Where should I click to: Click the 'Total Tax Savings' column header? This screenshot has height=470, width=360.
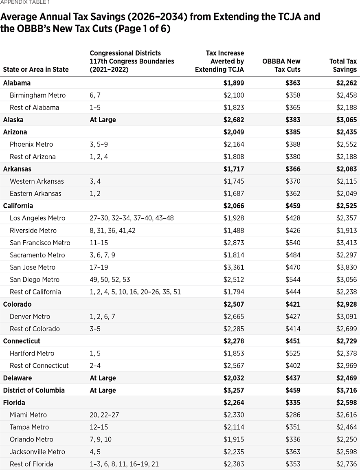(343, 65)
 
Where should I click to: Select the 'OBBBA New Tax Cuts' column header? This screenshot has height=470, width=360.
(281, 65)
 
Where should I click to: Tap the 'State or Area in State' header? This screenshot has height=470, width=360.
(36, 70)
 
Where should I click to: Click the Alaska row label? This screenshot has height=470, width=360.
(13, 120)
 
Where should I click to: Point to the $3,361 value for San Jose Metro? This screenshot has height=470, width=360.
(234, 267)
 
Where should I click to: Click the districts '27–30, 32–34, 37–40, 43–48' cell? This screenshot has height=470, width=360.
(132, 218)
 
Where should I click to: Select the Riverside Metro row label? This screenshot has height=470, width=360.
(33, 231)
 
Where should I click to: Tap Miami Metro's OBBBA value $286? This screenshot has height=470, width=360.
(293, 415)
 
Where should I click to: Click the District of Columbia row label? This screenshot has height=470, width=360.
(34, 390)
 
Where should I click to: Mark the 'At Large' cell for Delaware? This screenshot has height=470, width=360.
(103, 378)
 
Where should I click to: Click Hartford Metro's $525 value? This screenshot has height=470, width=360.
(293, 353)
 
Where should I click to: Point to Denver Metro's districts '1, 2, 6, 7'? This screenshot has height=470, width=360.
(102, 316)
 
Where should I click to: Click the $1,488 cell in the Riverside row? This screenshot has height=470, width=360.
(234, 231)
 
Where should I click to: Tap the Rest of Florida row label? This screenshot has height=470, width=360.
(31, 464)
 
